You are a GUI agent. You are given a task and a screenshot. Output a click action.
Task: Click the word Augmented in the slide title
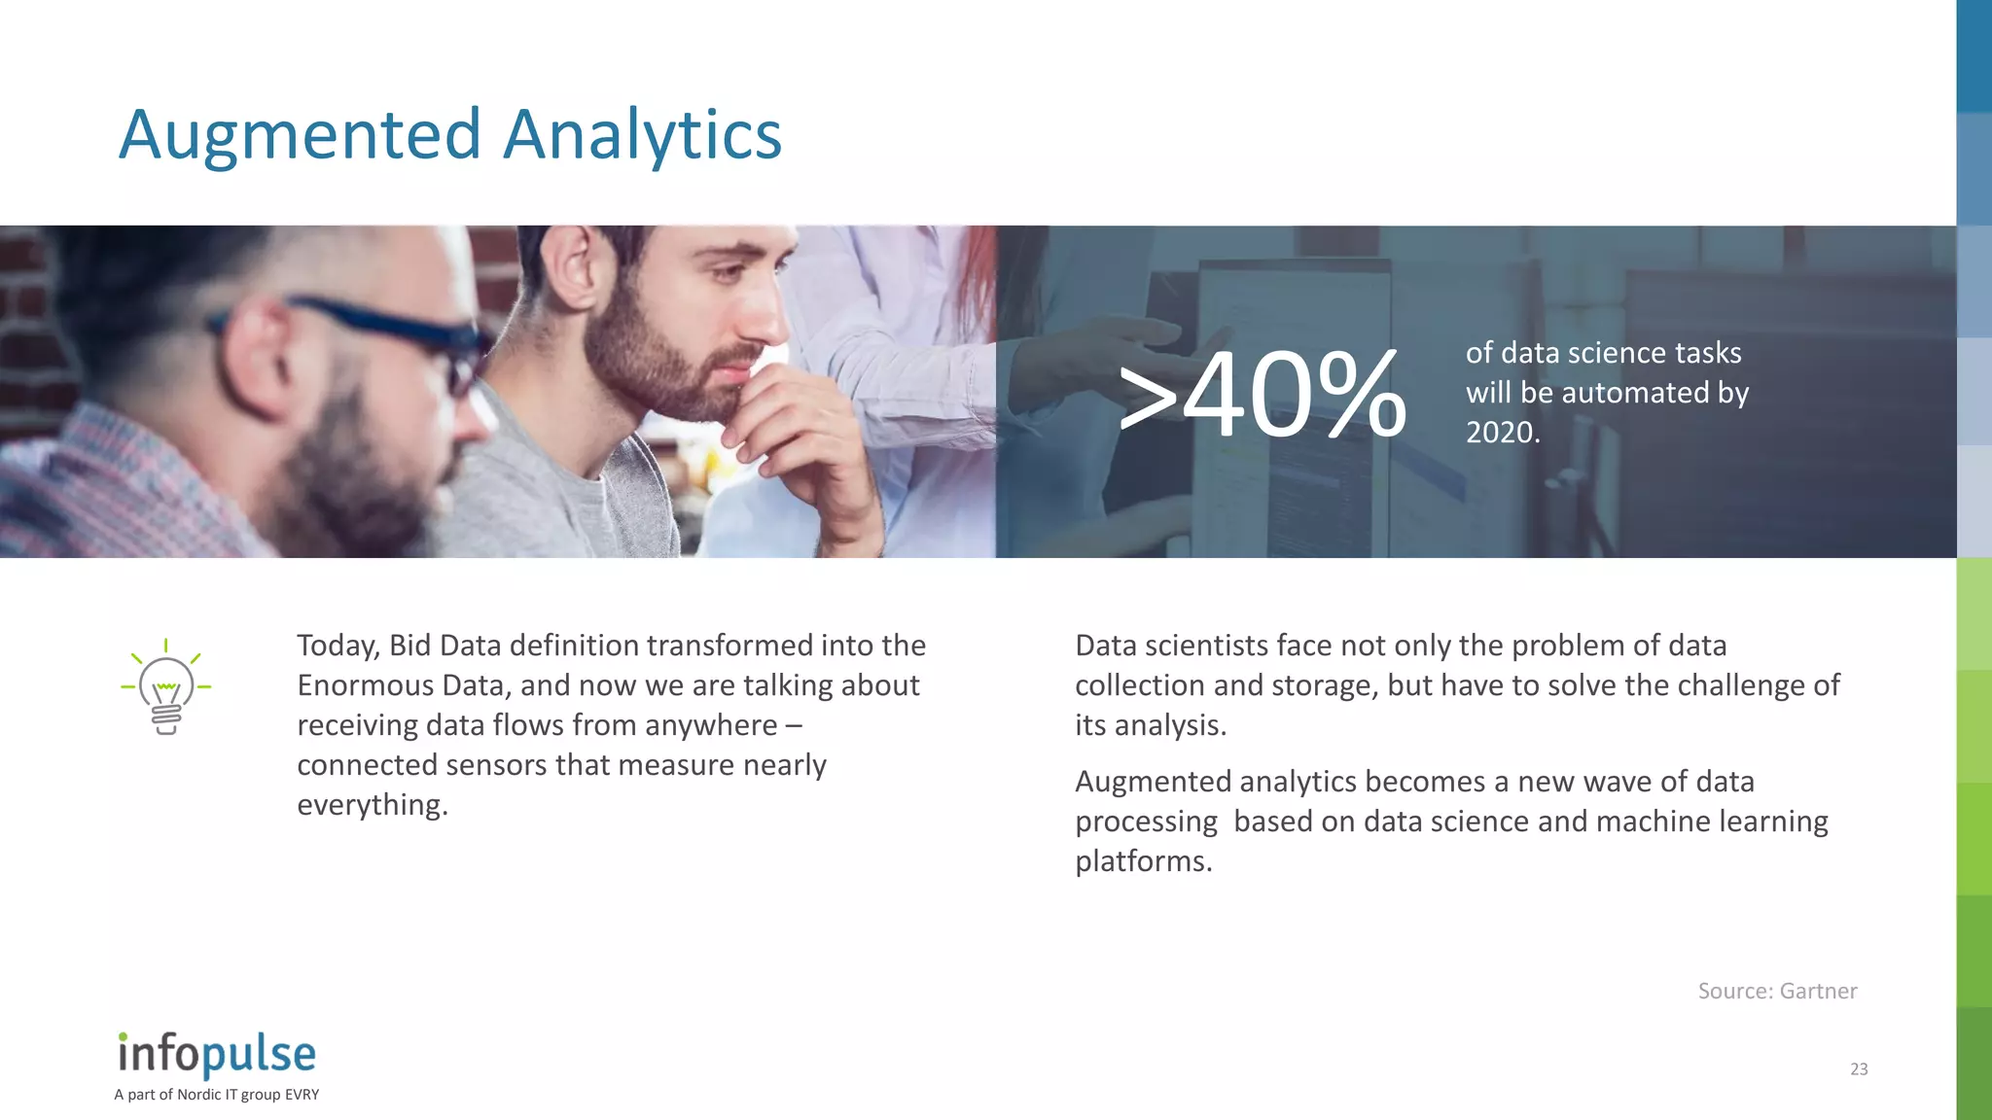300,135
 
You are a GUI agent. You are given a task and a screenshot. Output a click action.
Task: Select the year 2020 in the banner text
1499,433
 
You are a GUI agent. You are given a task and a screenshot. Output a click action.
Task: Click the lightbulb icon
166,687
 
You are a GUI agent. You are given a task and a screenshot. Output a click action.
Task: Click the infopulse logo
217,1054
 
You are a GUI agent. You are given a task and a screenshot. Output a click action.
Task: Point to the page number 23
1859,1069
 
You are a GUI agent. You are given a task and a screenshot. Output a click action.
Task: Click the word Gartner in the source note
1818,992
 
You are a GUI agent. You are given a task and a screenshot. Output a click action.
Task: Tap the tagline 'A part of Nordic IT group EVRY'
217,1095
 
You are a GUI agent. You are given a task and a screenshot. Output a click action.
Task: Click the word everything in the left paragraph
371,805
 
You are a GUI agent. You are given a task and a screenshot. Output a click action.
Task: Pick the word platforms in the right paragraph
1142,861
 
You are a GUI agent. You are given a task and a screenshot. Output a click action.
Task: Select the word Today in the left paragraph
338,646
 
